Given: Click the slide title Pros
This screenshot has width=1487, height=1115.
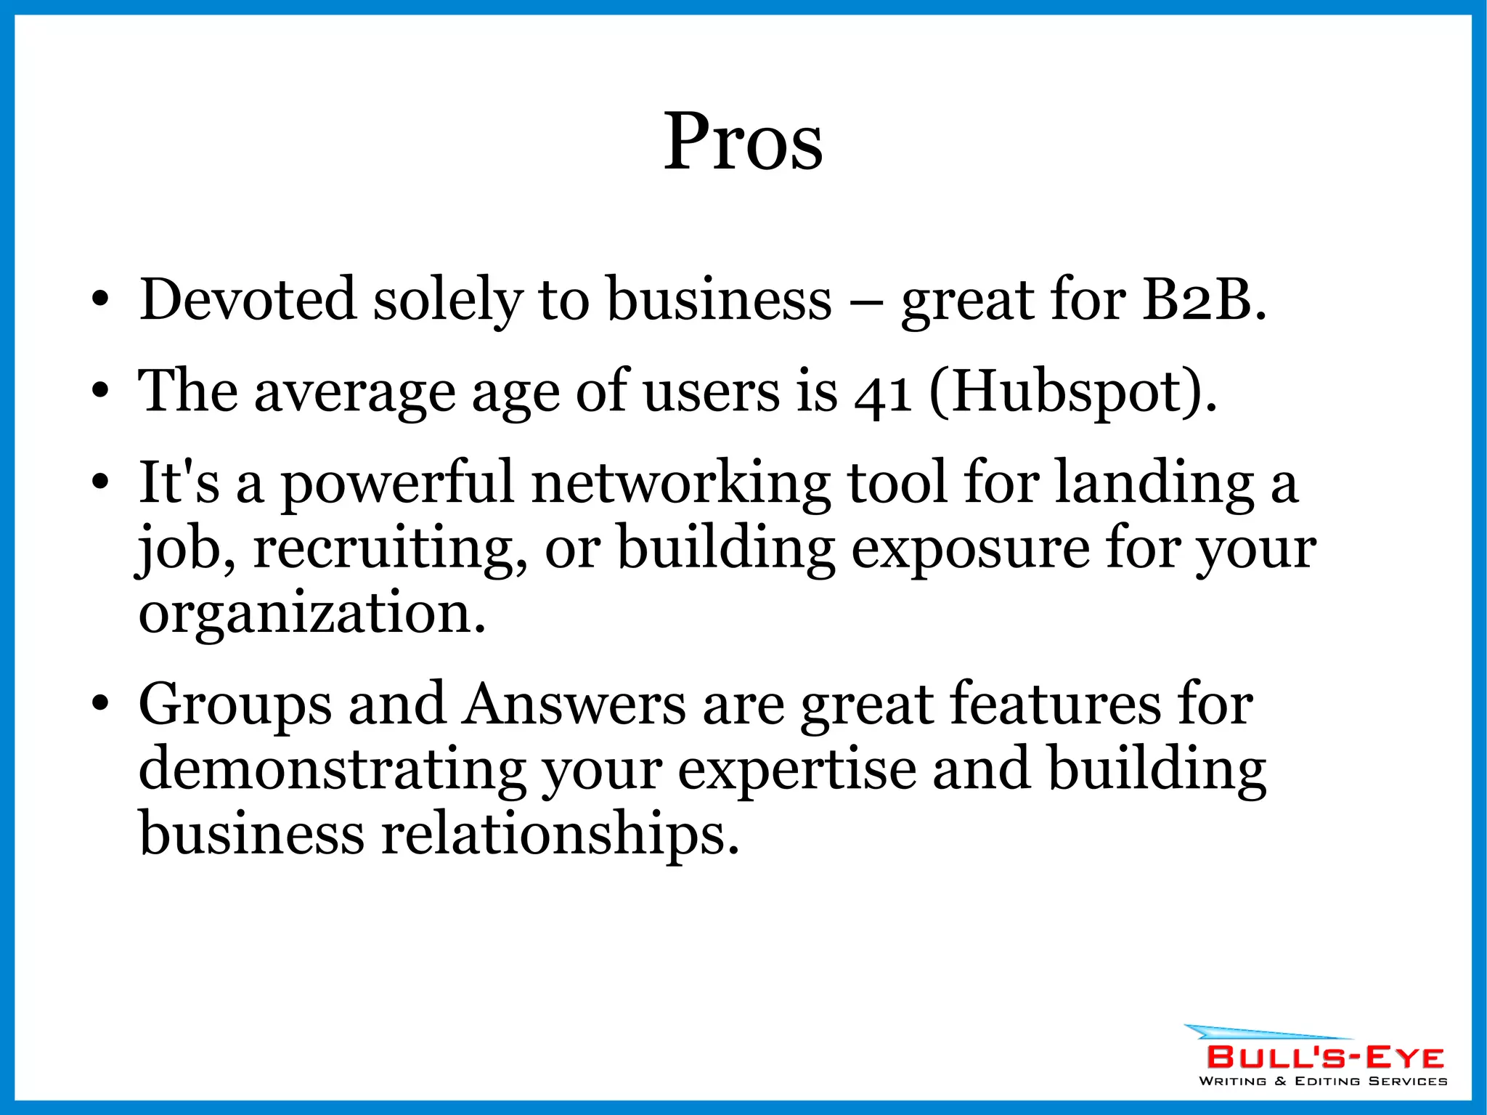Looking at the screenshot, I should (x=743, y=142).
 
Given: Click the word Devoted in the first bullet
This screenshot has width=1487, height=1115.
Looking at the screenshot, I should (x=248, y=299).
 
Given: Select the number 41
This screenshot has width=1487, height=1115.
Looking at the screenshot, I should (x=882, y=393).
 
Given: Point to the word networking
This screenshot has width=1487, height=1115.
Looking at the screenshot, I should (x=681, y=483).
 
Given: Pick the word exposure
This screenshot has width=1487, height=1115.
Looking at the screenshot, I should (x=970, y=549).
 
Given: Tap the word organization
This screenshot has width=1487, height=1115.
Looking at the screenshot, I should (x=311, y=615).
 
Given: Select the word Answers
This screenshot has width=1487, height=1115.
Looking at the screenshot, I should (x=574, y=705).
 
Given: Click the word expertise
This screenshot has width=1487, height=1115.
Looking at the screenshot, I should (x=797, y=770).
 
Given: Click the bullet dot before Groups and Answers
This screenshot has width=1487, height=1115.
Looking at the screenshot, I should (x=100, y=704).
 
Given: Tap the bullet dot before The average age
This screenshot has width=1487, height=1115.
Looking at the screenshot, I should (x=100, y=392).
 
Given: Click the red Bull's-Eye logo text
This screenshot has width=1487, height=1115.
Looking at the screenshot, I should (x=1324, y=1057).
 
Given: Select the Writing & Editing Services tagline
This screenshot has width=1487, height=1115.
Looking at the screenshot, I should (x=1322, y=1081).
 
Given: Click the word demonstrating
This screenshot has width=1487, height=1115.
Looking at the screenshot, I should (x=333, y=770).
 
